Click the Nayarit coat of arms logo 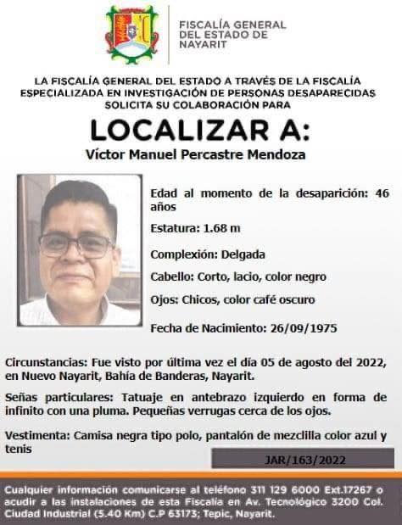tap(131, 34)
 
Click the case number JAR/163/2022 tap(302, 459)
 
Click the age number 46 tap(382, 193)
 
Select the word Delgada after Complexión tap(243, 254)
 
